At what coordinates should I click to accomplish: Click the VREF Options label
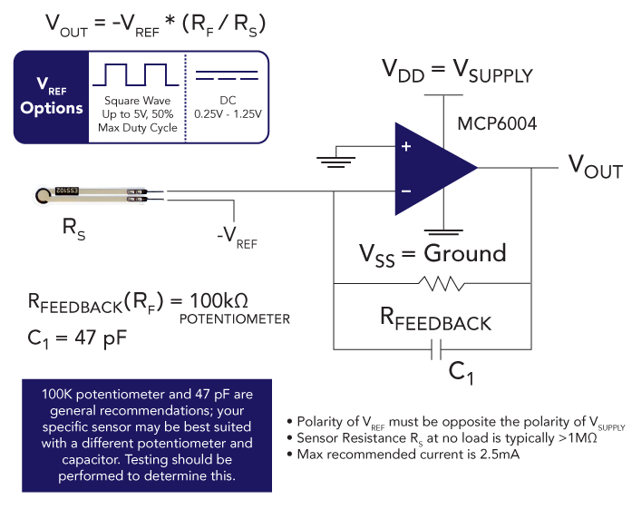(x=52, y=97)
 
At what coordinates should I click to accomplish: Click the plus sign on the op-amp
(x=405, y=146)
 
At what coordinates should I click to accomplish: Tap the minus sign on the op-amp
(x=405, y=191)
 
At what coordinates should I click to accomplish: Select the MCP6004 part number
(x=498, y=122)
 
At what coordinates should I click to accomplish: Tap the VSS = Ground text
(x=433, y=253)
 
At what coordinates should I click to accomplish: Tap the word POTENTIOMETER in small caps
(x=234, y=319)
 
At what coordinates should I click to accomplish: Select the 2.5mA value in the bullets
(x=494, y=453)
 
